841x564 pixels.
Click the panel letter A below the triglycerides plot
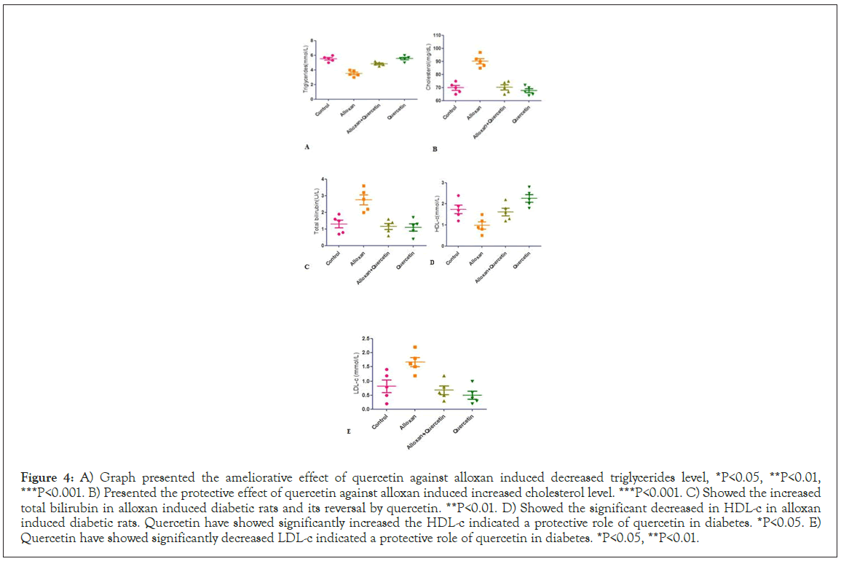click(307, 147)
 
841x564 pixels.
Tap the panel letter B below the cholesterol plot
click(434, 149)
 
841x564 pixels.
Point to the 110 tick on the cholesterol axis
click(437, 35)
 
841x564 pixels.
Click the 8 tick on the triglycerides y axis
click(312, 41)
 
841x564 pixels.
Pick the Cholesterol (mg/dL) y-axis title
click(429, 66)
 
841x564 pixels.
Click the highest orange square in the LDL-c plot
click(415, 348)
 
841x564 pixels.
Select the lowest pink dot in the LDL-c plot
click(387, 403)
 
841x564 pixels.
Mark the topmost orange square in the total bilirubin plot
click(363, 187)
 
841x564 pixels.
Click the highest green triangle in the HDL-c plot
click(529, 187)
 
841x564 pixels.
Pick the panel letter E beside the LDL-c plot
click(350, 431)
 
